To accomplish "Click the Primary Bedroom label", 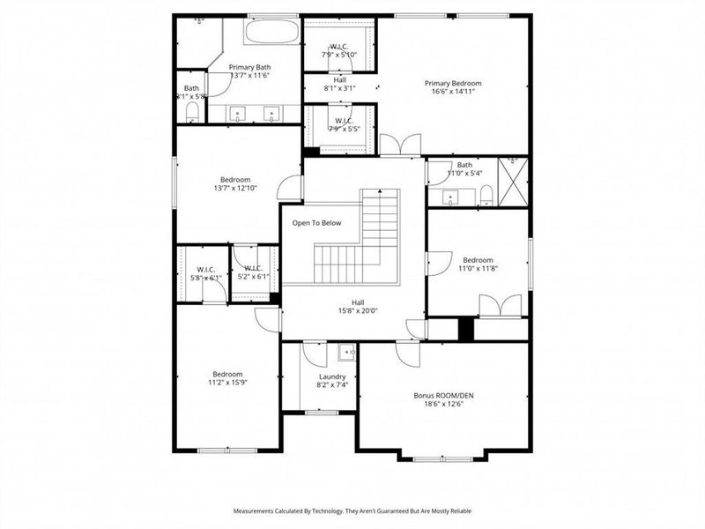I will click(456, 84).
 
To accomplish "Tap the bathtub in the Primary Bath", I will click(271, 33).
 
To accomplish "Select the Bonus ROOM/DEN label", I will click(444, 396).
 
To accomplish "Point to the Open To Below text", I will click(316, 223).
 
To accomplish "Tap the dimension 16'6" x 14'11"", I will click(456, 92).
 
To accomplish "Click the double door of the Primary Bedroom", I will click(399, 145).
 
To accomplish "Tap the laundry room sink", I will click(346, 354).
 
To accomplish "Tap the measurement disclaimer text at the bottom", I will click(352, 510).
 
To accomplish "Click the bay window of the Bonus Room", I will click(443, 458).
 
